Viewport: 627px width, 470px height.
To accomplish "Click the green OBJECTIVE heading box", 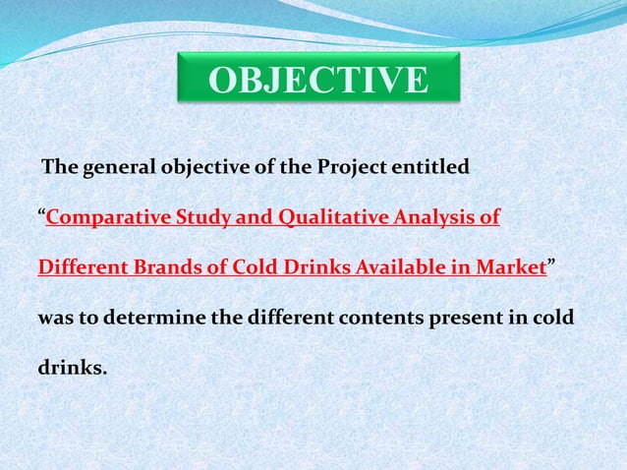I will tap(319, 80).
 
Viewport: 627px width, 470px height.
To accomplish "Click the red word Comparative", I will tap(100, 217).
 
